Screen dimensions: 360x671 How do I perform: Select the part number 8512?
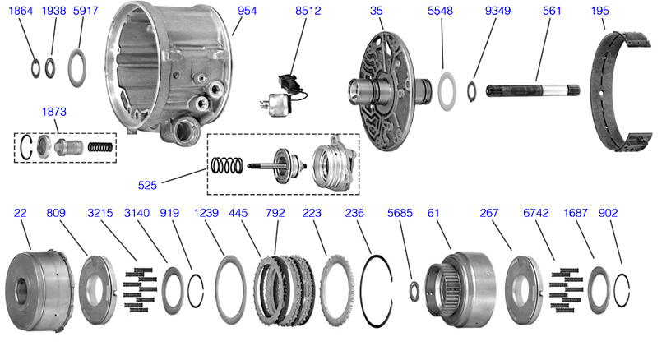[x=308, y=11]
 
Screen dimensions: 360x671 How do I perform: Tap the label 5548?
[x=440, y=11]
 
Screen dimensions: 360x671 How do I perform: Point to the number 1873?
[x=54, y=111]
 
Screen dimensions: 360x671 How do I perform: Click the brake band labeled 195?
[x=622, y=90]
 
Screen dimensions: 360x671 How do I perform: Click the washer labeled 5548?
[x=445, y=90]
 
